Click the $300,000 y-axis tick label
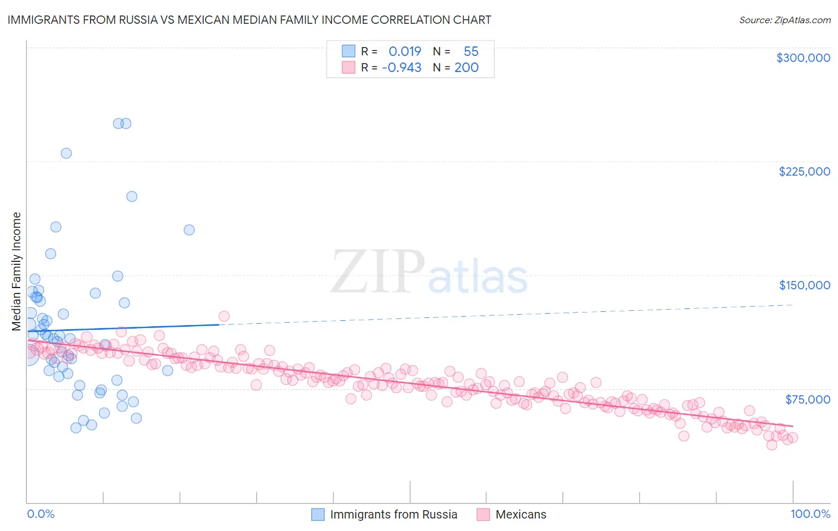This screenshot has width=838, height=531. coord(803,58)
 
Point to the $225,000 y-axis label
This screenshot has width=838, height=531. coord(804,171)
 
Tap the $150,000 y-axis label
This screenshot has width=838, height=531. coord(804,285)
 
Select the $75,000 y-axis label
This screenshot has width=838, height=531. coord(807,399)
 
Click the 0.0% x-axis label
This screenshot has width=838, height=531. coord(41,514)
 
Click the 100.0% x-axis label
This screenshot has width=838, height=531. coord(810,514)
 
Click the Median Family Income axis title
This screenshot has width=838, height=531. coord(17,271)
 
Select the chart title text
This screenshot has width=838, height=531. coord(249,20)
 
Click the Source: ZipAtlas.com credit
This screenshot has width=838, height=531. coord(784,20)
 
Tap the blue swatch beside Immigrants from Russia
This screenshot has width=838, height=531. coord(318,514)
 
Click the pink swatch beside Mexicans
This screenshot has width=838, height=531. coord(483,514)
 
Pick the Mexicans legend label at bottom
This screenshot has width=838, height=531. coord(520,514)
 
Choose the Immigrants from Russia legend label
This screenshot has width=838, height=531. coord(393,514)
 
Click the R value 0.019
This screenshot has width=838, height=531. coord(405,52)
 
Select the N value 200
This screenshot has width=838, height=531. coord(466,68)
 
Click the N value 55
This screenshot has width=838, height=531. coord(471,52)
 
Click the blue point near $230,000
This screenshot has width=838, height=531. coord(66,153)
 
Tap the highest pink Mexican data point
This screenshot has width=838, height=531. coord(224,316)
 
